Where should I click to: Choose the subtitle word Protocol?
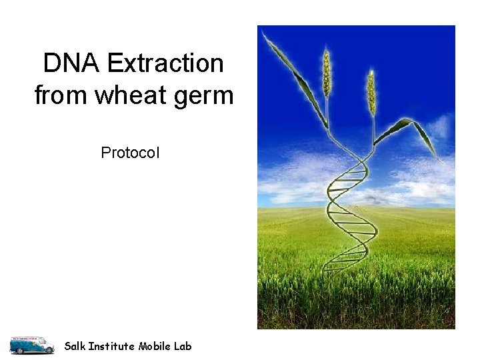coord(130,153)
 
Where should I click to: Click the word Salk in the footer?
coord(75,346)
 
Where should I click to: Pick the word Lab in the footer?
coord(183,346)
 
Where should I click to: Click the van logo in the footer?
coord(31,345)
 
